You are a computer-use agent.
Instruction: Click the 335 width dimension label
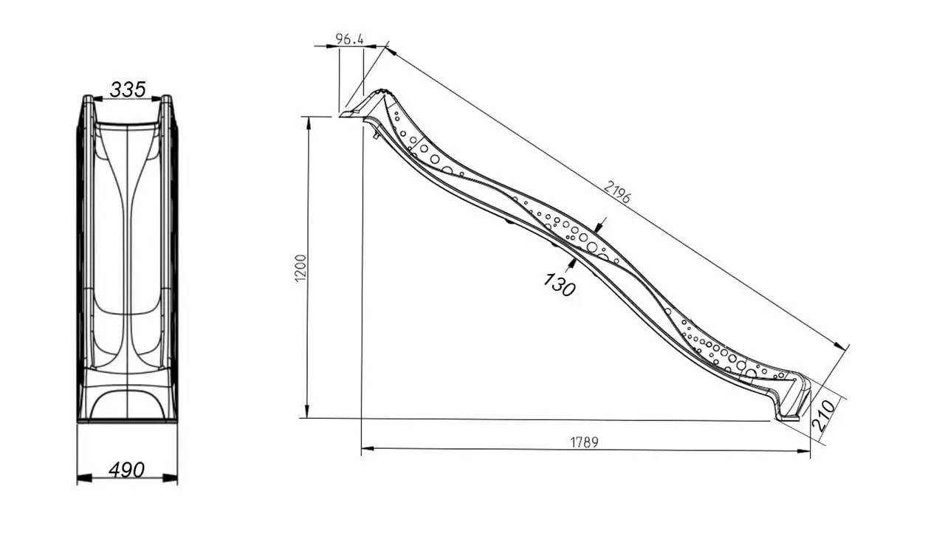[128, 89]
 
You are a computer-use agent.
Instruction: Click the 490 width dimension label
[126, 470]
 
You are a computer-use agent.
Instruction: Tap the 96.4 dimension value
[349, 39]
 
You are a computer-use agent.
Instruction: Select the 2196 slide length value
[617, 192]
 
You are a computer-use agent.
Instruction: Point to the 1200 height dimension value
[300, 269]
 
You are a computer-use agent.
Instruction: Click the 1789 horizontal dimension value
[584, 442]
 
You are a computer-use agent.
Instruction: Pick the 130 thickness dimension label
[560, 284]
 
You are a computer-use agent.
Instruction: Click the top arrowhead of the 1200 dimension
[309, 123]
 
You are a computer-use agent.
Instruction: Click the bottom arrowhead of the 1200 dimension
[307, 411]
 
